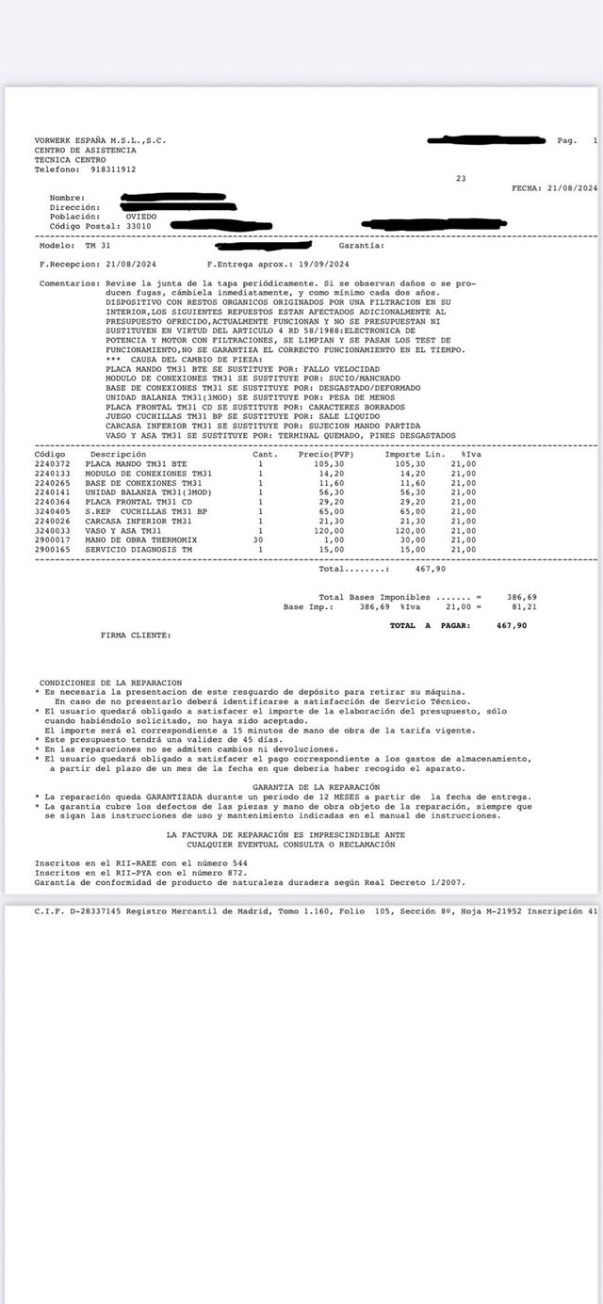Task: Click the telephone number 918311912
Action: pyautogui.click(x=114, y=169)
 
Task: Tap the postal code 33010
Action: pyautogui.click(x=132, y=226)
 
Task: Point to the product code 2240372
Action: pyautogui.click(x=52, y=464)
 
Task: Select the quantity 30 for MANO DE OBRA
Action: pyautogui.click(x=258, y=540)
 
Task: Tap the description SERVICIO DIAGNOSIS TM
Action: pyautogui.click(x=139, y=549)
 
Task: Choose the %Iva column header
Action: pyautogui.click(x=471, y=454)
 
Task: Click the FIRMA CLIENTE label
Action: pyautogui.click(x=136, y=636)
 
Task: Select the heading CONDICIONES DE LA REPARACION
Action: pyautogui.click(x=110, y=682)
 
